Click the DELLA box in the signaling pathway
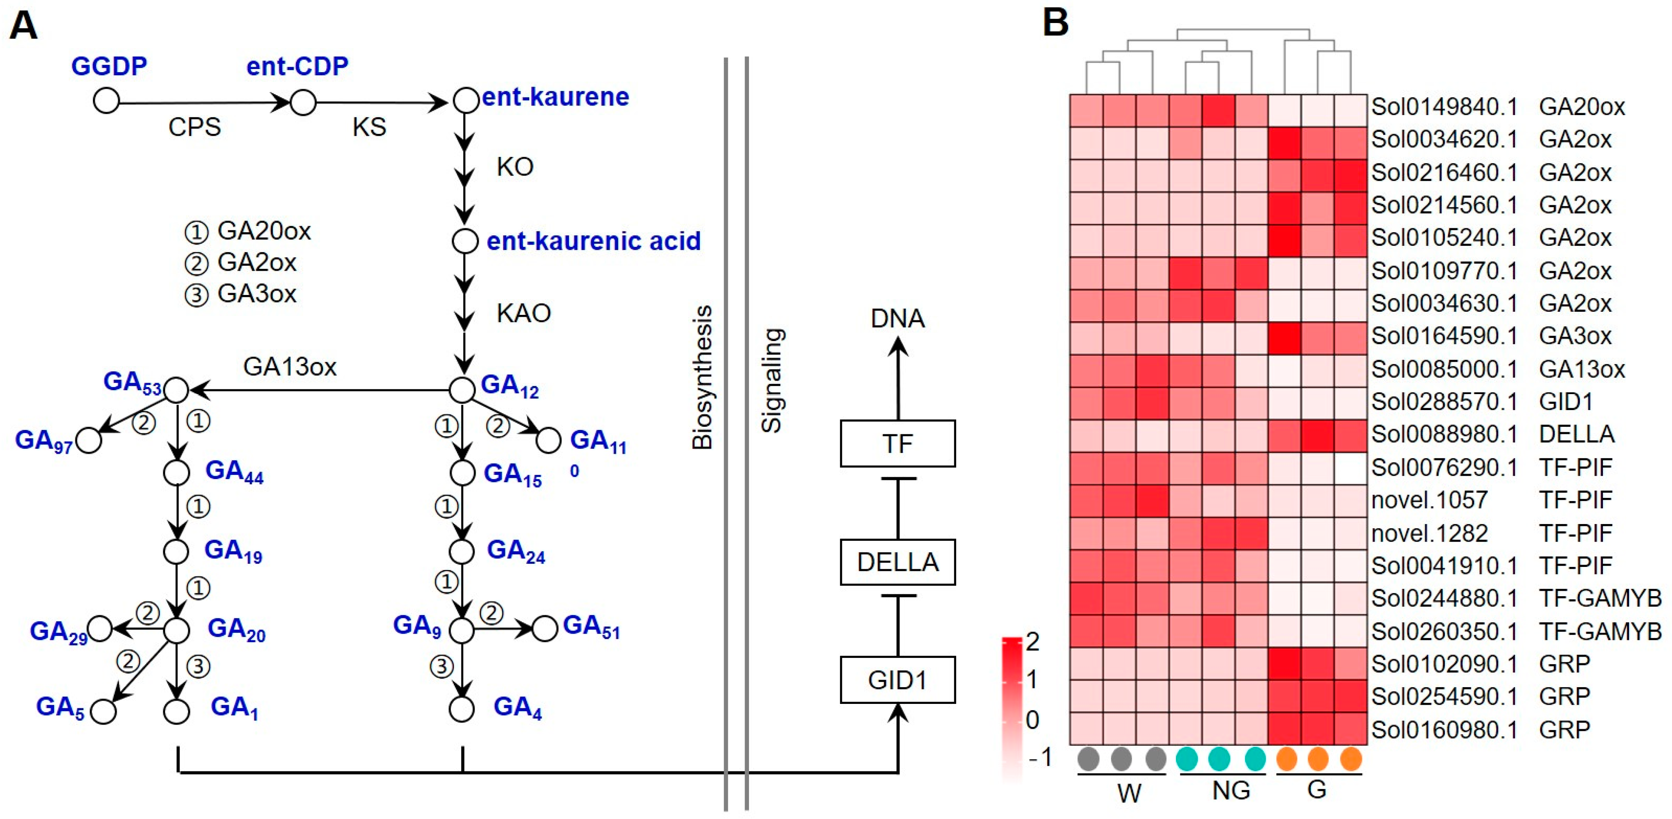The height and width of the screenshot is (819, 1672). coord(898,562)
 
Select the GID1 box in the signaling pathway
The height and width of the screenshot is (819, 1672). coord(898,679)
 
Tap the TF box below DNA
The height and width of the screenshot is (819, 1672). coord(898,443)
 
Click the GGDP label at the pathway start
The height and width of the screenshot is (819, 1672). coord(109,66)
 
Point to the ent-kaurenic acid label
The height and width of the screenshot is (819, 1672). coord(593,241)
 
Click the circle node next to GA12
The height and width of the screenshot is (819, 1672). coord(462,390)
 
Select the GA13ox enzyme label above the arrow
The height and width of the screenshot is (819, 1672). coord(290,367)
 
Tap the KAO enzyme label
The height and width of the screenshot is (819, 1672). coord(523,313)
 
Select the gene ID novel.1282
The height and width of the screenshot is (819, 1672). coord(1429,533)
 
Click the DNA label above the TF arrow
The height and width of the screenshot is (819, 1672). coord(898,318)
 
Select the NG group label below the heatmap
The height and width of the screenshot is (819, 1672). coord(1231,790)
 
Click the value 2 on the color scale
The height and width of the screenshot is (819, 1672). coord(1032,642)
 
